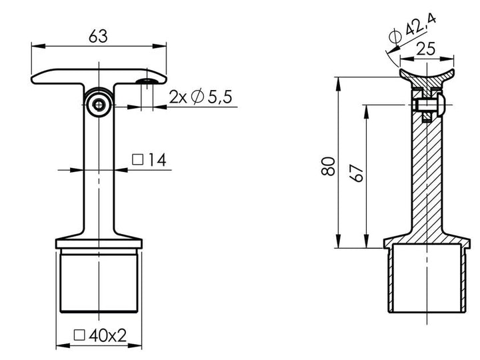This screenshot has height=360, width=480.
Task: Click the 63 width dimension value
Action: [98, 37]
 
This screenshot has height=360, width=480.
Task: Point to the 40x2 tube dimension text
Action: [107, 335]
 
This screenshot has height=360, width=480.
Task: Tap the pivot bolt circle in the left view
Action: [99, 104]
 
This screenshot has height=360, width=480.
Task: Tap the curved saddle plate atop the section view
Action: [427, 73]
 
